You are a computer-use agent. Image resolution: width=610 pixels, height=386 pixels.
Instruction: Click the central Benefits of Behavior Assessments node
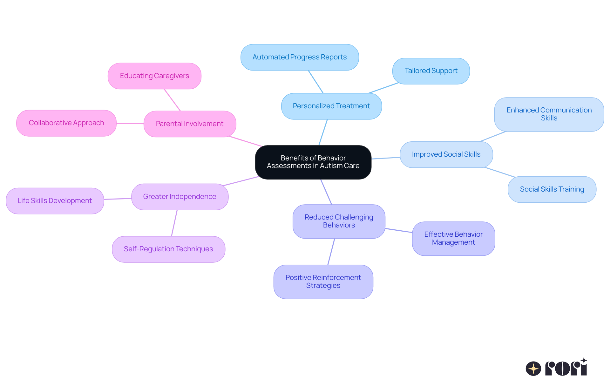[x=313, y=162]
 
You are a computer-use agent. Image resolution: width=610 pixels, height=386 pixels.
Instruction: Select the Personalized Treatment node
[x=331, y=106]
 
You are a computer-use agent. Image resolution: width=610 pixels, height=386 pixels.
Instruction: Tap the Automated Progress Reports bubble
[x=300, y=57]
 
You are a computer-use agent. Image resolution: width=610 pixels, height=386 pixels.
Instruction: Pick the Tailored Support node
[x=431, y=71]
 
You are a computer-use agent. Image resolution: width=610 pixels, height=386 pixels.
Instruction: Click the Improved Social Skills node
[x=446, y=154]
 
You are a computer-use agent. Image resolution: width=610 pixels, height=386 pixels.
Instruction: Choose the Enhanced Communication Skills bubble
[x=549, y=114]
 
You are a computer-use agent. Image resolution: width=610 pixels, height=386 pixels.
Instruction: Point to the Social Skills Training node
[x=552, y=189]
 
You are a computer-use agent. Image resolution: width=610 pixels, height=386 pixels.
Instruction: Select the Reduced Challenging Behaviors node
[x=339, y=221]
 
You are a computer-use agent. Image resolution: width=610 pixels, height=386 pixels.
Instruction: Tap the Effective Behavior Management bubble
[x=453, y=238]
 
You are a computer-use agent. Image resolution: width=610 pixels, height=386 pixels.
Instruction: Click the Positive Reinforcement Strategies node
[x=323, y=281]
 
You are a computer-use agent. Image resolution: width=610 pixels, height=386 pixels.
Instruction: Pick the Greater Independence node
[x=180, y=197]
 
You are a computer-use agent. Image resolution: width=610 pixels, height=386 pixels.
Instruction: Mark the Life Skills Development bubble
[x=55, y=201]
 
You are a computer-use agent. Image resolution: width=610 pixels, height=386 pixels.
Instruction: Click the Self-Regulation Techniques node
[x=168, y=249]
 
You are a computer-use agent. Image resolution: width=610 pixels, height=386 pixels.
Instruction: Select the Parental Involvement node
[x=190, y=124]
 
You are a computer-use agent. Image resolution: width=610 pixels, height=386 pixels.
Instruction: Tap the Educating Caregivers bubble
[x=154, y=76]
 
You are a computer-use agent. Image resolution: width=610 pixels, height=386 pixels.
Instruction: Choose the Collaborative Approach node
[x=66, y=123]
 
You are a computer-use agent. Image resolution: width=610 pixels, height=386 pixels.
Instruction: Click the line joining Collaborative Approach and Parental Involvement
[x=130, y=124]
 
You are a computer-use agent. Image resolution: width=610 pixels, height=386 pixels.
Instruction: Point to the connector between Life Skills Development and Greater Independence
[x=118, y=199]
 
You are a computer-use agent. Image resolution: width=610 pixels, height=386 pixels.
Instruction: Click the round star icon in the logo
[x=533, y=369]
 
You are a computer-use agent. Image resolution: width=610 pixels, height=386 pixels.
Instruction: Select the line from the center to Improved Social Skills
[x=385, y=158]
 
